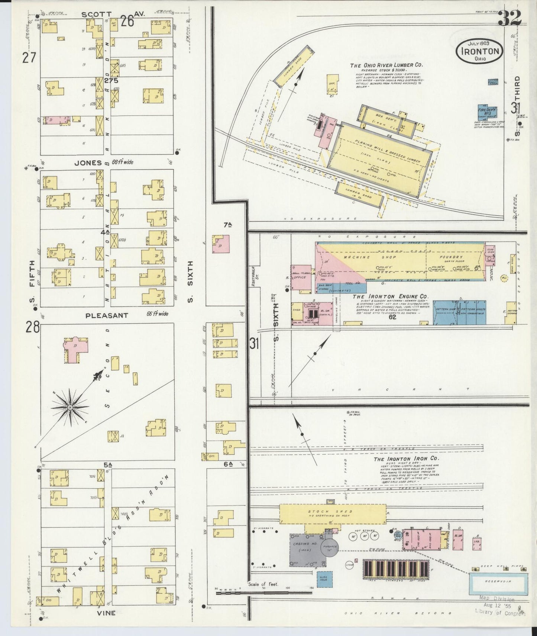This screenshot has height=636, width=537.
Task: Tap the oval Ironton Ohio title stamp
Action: tap(479, 51)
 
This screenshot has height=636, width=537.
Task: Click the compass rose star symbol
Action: tap(70, 408)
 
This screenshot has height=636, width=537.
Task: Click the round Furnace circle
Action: tap(330, 547)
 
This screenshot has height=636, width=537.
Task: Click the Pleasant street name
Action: tap(107, 315)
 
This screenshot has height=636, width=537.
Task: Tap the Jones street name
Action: tap(88, 163)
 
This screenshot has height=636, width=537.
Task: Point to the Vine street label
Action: tap(106, 613)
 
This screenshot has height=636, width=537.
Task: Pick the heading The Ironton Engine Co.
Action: tap(390, 296)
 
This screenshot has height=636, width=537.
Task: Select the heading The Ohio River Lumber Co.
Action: tap(386, 65)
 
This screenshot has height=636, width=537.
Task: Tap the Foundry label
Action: tap(451, 257)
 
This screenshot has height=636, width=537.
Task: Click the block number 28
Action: tap(33, 327)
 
